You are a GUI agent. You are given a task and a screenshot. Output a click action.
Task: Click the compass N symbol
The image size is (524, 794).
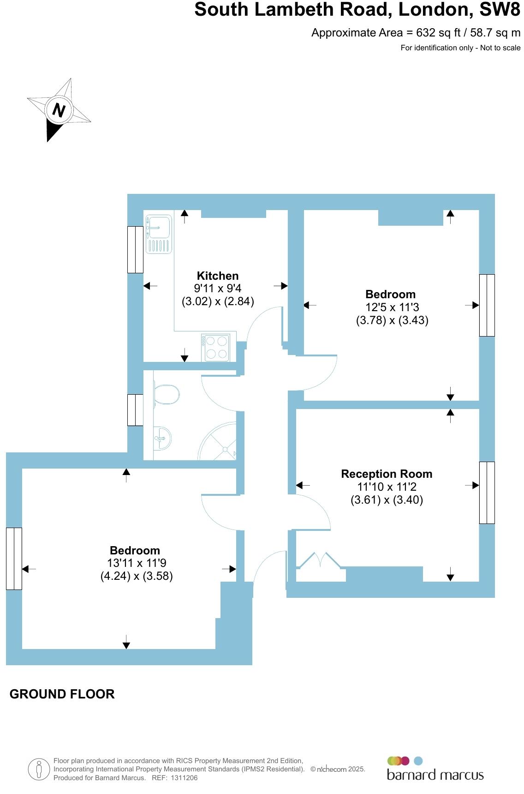pyautogui.click(x=58, y=110)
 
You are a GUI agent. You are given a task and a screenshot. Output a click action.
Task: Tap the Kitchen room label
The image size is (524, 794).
pyautogui.click(x=218, y=276)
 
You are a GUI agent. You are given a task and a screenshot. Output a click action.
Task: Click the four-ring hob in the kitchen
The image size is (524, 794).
pyautogui.click(x=215, y=348)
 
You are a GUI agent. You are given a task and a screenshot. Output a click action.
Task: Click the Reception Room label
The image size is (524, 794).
pyautogui.click(x=387, y=474)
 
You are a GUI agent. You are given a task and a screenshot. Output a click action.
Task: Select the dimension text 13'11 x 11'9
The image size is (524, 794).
pyautogui.click(x=137, y=563)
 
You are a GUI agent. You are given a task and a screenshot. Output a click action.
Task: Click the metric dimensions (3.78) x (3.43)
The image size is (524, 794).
pyautogui.click(x=392, y=320)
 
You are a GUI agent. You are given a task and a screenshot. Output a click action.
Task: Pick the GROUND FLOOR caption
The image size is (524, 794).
pyautogui.click(x=62, y=694)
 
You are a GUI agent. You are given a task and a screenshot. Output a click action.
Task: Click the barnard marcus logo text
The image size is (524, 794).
pyautogui.click(x=435, y=774)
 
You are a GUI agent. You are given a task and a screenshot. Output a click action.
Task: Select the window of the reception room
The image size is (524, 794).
pyautogui.click(x=487, y=493)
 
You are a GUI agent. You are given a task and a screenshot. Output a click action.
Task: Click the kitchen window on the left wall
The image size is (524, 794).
pyautogui.click(x=135, y=249)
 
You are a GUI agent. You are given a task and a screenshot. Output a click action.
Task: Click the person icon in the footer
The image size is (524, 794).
pyautogui.click(x=39, y=770)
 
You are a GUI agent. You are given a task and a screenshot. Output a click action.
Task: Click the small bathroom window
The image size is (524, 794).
pyautogui.click(x=135, y=410)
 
